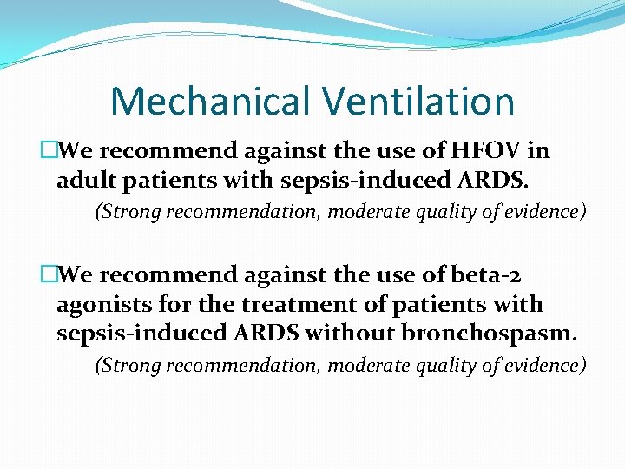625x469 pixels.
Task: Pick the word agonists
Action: tap(98, 305)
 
